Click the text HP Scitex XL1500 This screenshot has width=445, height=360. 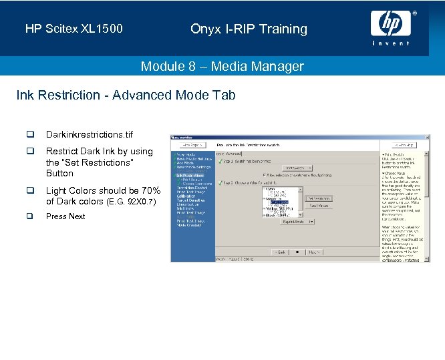coord(73,29)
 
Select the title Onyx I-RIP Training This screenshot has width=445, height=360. coord(249,29)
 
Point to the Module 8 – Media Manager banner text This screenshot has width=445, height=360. coord(222,66)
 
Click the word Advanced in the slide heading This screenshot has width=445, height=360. coord(137,95)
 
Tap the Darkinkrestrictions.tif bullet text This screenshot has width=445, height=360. coord(89,135)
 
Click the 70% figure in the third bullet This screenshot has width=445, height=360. coord(150,190)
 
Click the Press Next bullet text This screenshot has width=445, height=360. coord(65,216)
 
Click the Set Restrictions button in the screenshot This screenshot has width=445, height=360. coord(318,198)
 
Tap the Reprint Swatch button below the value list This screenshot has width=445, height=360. coord(296,222)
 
